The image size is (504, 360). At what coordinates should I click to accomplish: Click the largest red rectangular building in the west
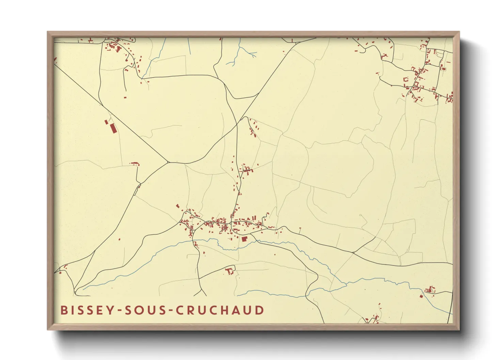click(x=113, y=129)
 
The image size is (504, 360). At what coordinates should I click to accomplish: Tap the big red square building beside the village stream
click(x=244, y=239)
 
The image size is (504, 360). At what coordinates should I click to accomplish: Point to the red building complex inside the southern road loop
click(x=230, y=271)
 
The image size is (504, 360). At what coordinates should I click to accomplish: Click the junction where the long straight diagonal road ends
click(x=168, y=162)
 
